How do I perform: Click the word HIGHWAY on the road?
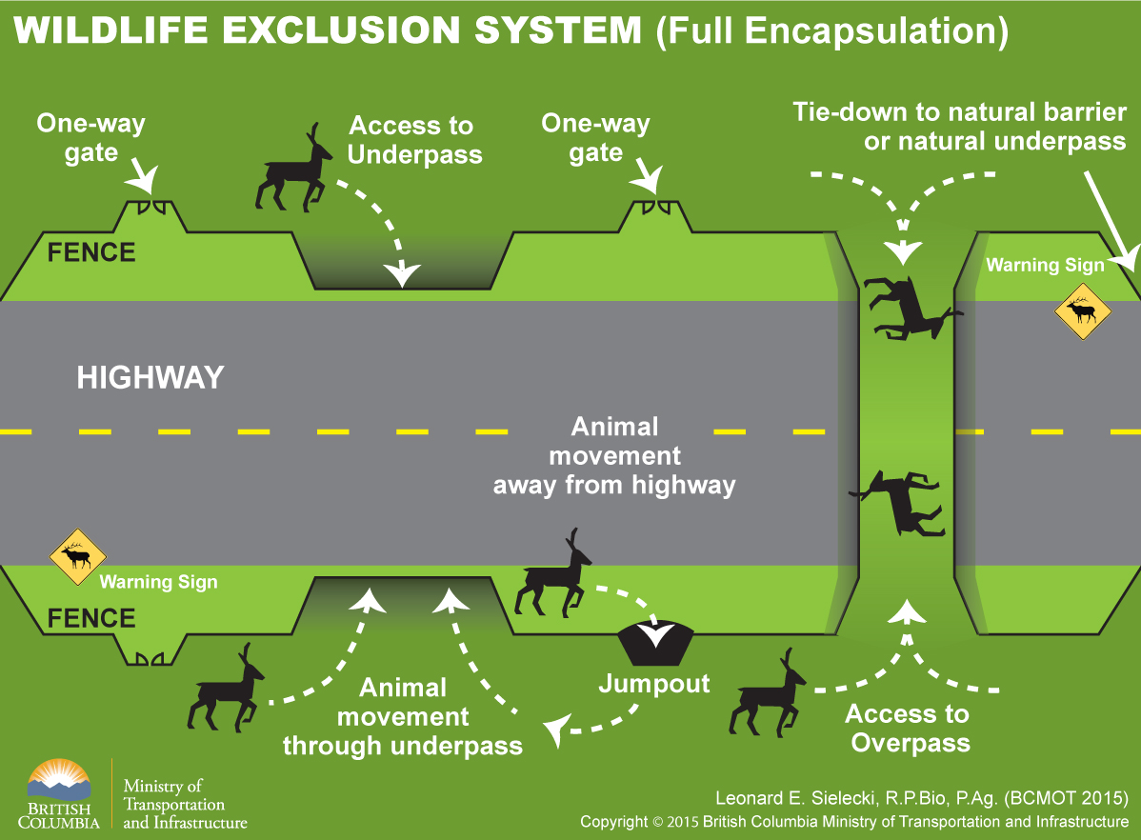coord(150,377)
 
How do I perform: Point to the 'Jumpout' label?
coord(654,684)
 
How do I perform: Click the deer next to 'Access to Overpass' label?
coord(768,692)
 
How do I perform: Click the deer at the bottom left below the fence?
coord(227,690)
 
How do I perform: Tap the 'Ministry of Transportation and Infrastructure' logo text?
coord(185,804)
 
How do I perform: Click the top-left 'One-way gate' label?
coord(91,137)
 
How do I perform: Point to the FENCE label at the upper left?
coord(91,252)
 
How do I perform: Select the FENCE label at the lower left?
coord(91,618)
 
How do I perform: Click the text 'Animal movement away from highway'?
coord(614,455)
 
